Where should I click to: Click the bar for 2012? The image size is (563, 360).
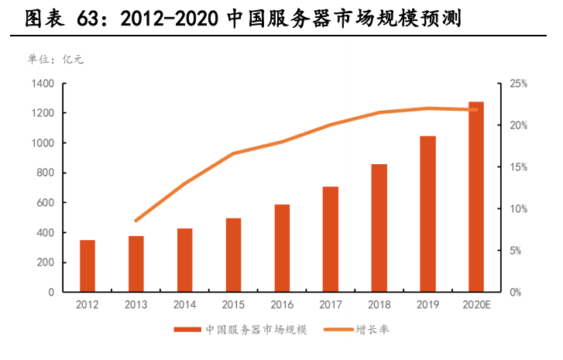point(88,266)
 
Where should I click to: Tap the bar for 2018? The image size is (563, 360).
point(379,228)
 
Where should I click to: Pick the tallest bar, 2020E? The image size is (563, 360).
point(475,197)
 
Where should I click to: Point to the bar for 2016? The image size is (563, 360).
point(282,248)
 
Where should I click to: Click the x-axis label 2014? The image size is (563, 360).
point(184,306)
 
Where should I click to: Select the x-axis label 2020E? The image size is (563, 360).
point(475,306)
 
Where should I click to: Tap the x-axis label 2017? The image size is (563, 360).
point(330,306)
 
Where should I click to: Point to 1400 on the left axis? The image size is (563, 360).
point(43,84)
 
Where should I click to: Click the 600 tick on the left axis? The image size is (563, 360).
point(46,203)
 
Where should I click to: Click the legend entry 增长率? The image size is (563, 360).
point(372,330)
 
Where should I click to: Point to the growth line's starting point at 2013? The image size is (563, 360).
point(136,221)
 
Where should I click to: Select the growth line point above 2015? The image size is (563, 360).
point(233,153)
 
